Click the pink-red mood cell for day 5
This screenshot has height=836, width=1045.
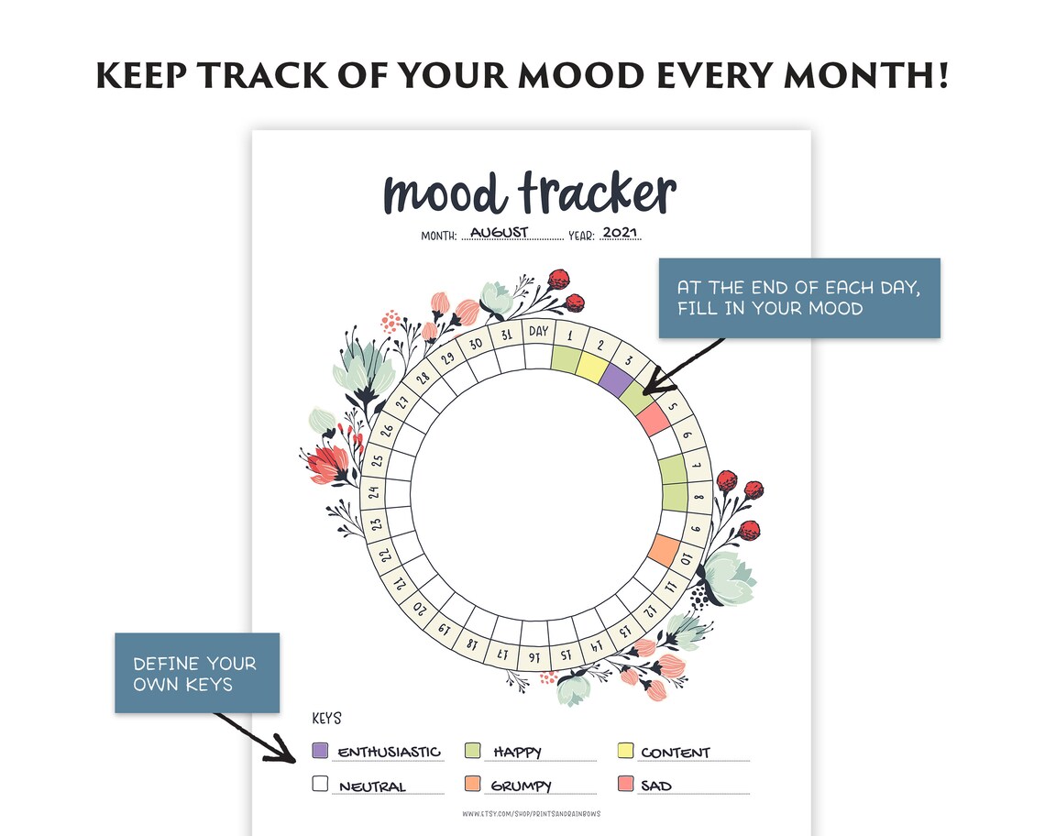652,420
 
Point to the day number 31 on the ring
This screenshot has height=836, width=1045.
506,335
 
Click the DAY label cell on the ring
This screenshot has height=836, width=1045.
539,331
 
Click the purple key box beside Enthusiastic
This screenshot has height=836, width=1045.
320,751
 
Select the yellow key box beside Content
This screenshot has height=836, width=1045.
627,751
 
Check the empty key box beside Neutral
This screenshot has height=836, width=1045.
320,784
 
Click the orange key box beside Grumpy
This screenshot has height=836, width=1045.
473,784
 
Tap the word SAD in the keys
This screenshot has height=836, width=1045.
656,786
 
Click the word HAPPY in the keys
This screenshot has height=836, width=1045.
517,753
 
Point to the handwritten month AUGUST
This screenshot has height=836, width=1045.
500,232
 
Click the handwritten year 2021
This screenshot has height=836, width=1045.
621,232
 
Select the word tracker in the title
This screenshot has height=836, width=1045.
598,194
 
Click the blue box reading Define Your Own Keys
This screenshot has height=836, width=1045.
196,673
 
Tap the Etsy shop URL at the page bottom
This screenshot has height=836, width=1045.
532,814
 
